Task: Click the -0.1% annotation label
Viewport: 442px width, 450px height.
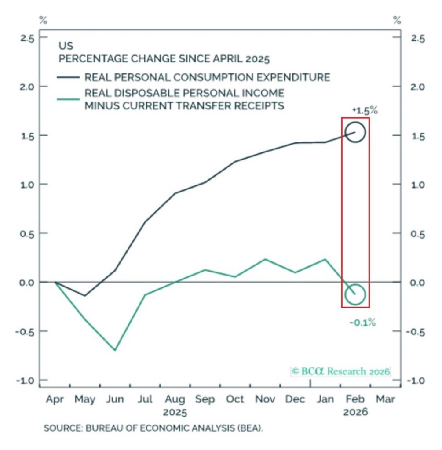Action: (362, 323)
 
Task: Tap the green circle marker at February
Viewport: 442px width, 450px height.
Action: (355, 294)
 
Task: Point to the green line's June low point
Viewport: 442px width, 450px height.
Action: (115, 350)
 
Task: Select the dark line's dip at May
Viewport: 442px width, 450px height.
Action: (84, 296)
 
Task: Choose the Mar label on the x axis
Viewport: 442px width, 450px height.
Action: (385, 399)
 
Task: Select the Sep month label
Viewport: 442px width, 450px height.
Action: (205, 399)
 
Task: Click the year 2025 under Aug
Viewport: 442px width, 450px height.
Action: (175, 413)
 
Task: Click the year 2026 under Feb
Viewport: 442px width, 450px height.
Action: (355, 413)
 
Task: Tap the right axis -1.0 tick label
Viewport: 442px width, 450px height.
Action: (416, 380)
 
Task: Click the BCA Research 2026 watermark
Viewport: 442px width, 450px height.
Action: (340, 371)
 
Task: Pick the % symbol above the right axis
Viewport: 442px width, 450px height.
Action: (397, 20)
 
